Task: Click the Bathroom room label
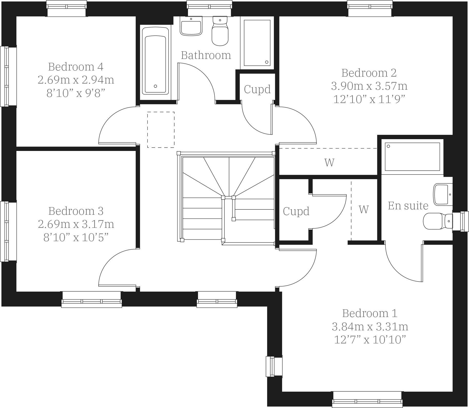[x=206, y=55]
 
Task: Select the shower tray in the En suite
[x=412, y=157]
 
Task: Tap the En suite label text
[x=408, y=206]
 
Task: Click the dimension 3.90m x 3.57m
[x=369, y=86]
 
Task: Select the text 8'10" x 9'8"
[x=76, y=93]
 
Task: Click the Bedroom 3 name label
[x=76, y=211]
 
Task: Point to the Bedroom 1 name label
[x=370, y=313]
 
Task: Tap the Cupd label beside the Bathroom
[x=257, y=89]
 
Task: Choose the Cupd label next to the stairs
[x=296, y=211]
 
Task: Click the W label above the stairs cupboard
[x=329, y=162]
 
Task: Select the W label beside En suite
[x=364, y=209]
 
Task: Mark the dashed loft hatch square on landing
[x=161, y=130]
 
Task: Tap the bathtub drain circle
[x=155, y=86]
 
